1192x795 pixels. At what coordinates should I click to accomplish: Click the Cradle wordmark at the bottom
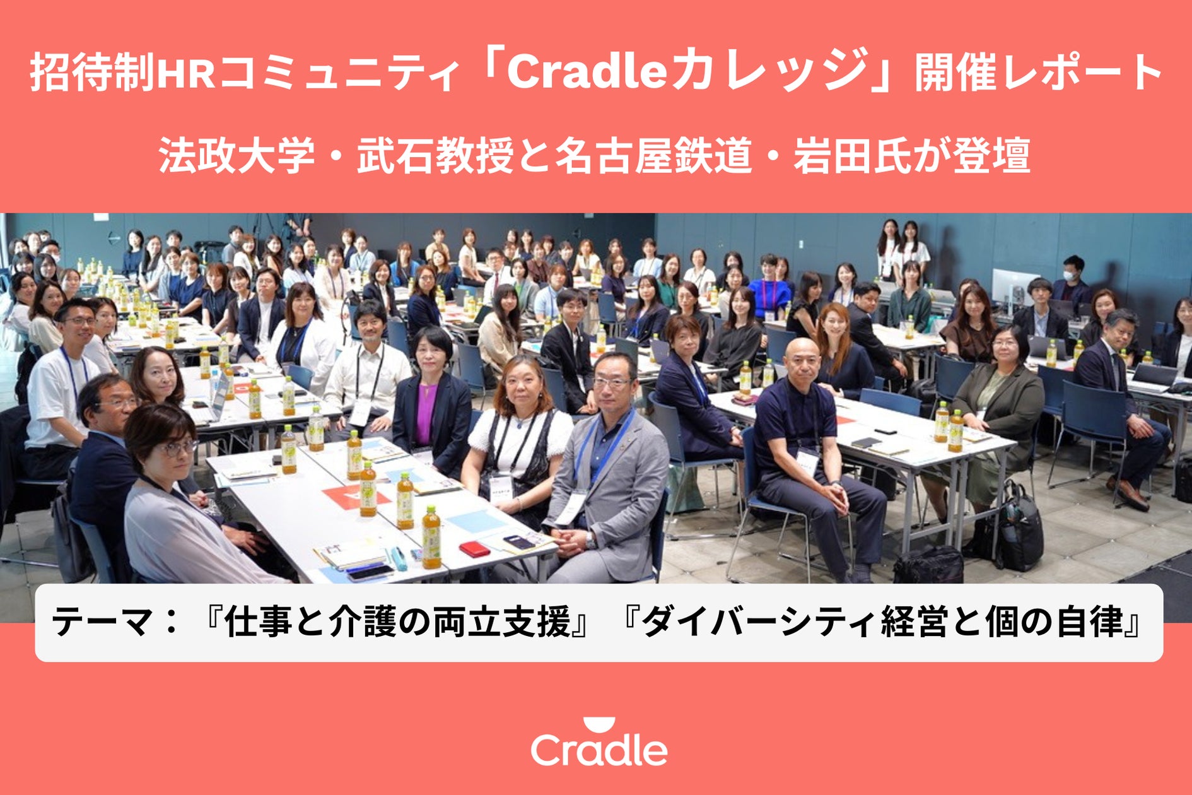[x=599, y=750]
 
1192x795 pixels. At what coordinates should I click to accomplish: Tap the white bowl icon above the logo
[x=599, y=724]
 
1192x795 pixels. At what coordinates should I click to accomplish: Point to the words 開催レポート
[x=1038, y=72]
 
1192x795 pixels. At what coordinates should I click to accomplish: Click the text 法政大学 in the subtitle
[x=237, y=155]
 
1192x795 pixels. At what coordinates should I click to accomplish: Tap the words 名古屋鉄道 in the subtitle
[x=653, y=155]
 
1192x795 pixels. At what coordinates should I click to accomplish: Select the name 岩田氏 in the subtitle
[x=851, y=155]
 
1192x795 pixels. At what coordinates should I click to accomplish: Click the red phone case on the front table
[x=474, y=549]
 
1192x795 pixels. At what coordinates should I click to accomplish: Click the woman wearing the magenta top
[x=431, y=404]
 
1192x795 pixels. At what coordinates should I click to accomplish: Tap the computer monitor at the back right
[x=1015, y=287]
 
